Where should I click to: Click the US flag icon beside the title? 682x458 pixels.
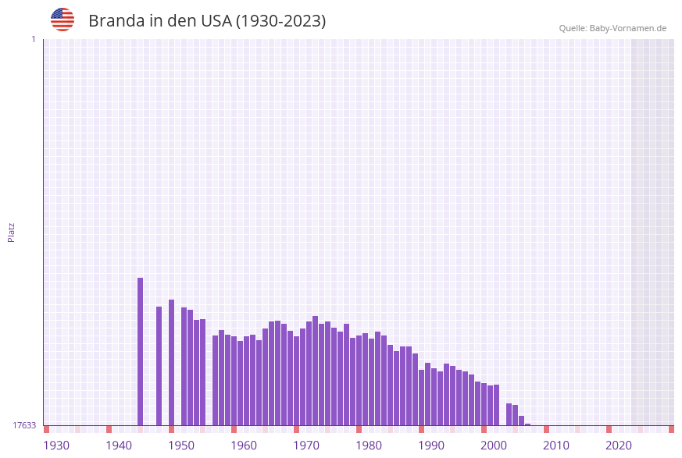click(62, 20)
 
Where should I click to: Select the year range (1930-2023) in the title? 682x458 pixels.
click(281, 21)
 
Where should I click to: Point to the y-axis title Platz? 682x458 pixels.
click(12, 232)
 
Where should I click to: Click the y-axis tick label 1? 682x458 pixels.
click(33, 39)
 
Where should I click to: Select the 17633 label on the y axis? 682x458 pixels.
click(24, 425)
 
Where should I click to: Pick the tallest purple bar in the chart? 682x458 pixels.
click(141, 351)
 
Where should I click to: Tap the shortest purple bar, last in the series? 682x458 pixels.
click(528, 424)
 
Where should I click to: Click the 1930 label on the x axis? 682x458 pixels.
click(56, 446)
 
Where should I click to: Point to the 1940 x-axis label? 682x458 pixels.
click(119, 446)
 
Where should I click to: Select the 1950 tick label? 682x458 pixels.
click(181, 446)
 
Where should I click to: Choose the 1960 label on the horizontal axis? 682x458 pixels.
click(244, 446)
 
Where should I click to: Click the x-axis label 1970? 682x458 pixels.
click(306, 446)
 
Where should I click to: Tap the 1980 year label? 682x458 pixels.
click(369, 446)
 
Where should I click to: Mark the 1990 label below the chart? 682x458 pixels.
click(431, 446)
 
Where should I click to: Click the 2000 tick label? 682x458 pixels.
click(494, 446)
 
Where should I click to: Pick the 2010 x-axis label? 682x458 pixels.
click(556, 446)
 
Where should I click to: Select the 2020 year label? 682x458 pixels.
click(619, 446)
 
